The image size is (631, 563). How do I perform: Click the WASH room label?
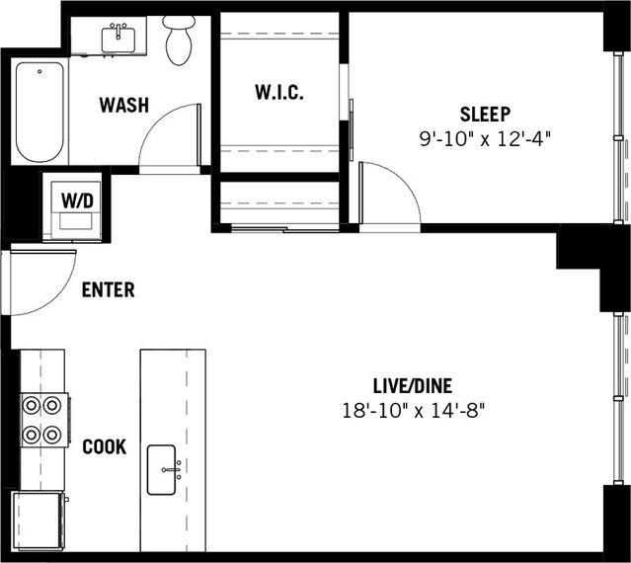tap(123, 104)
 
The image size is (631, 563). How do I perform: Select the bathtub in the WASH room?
tap(40, 113)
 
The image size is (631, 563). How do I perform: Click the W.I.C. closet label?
tap(278, 93)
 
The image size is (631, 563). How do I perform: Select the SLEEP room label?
tap(483, 113)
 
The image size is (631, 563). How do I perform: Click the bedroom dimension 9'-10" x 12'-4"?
tap(483, 138)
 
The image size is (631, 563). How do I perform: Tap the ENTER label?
tap(108, 290)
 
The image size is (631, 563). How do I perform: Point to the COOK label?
tap(104, 446)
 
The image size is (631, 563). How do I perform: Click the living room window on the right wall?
tap(623, 395)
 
